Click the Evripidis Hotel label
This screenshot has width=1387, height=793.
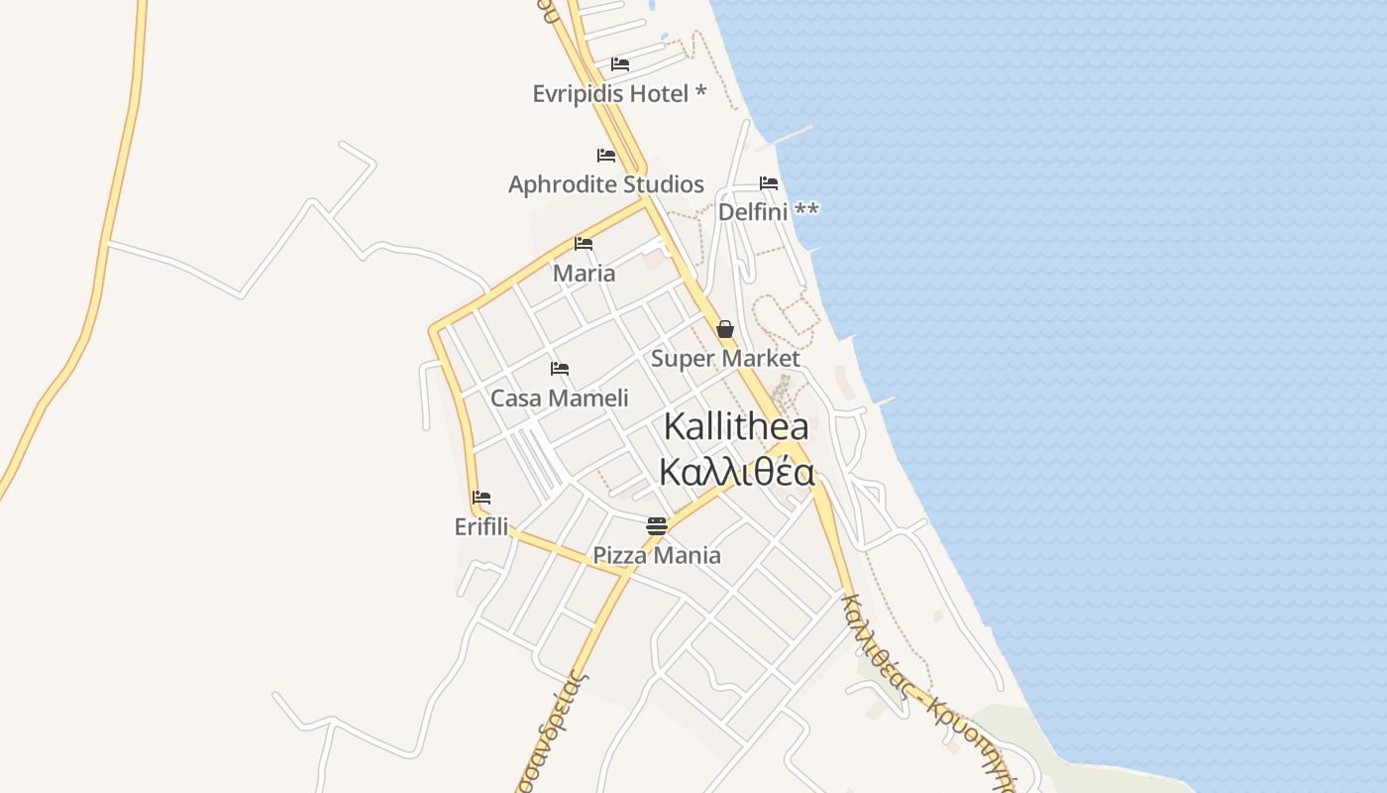click(610, 94)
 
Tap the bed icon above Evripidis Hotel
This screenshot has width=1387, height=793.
click(620, 64)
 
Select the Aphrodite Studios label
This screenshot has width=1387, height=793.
click(606, 184)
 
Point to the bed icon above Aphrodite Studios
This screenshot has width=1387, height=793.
click(606, 156)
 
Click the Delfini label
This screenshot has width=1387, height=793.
click(753, 212)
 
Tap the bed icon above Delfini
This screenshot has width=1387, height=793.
click(769, 183)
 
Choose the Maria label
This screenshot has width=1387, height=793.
click(584, 274)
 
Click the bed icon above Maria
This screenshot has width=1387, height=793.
click(584, 244)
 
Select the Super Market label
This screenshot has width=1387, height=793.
click(725, 359)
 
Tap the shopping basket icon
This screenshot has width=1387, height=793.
click(725, 329)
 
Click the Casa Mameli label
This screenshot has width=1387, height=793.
click(560, 398)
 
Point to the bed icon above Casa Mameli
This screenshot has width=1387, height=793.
click(560, 369)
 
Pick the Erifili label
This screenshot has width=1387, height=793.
click(481, 527)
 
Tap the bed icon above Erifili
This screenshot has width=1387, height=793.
click(481, 498)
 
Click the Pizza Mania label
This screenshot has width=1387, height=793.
click(657, 555)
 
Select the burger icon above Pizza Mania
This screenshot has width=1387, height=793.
click(657, 525)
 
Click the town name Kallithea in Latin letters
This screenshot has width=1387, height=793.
click(736, 427)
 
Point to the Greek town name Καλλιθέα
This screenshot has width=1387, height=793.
click(736, 472)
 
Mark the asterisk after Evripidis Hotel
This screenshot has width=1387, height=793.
click(700, 92)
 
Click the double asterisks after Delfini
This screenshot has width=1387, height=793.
click(807, 210)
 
